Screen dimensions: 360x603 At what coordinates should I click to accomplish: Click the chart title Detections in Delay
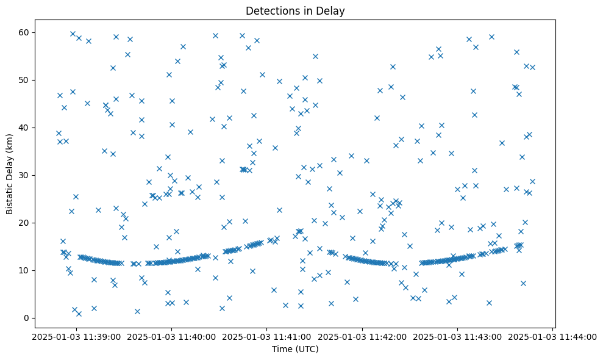pyautogui.click(x=295, y=10)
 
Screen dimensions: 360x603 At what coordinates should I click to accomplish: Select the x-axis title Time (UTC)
pyautogui.click(x=295, y=349)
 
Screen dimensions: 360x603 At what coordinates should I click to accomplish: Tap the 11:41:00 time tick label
pyautogui.click(x=266, y=336)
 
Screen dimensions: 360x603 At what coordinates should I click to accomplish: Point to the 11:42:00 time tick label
pyautogui.click(x=362, y=336)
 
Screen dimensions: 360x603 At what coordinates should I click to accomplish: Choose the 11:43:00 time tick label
pyautogui.click(x=458, y=336)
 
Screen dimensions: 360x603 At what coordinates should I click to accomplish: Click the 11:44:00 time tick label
pyautogui.click(x=553, y=336)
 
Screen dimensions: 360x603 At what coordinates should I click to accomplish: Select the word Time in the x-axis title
pyautogui.click(x=282, y=349)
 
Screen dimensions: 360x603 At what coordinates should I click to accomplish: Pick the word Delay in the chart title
pyautogui.click(x=332, y=10)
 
